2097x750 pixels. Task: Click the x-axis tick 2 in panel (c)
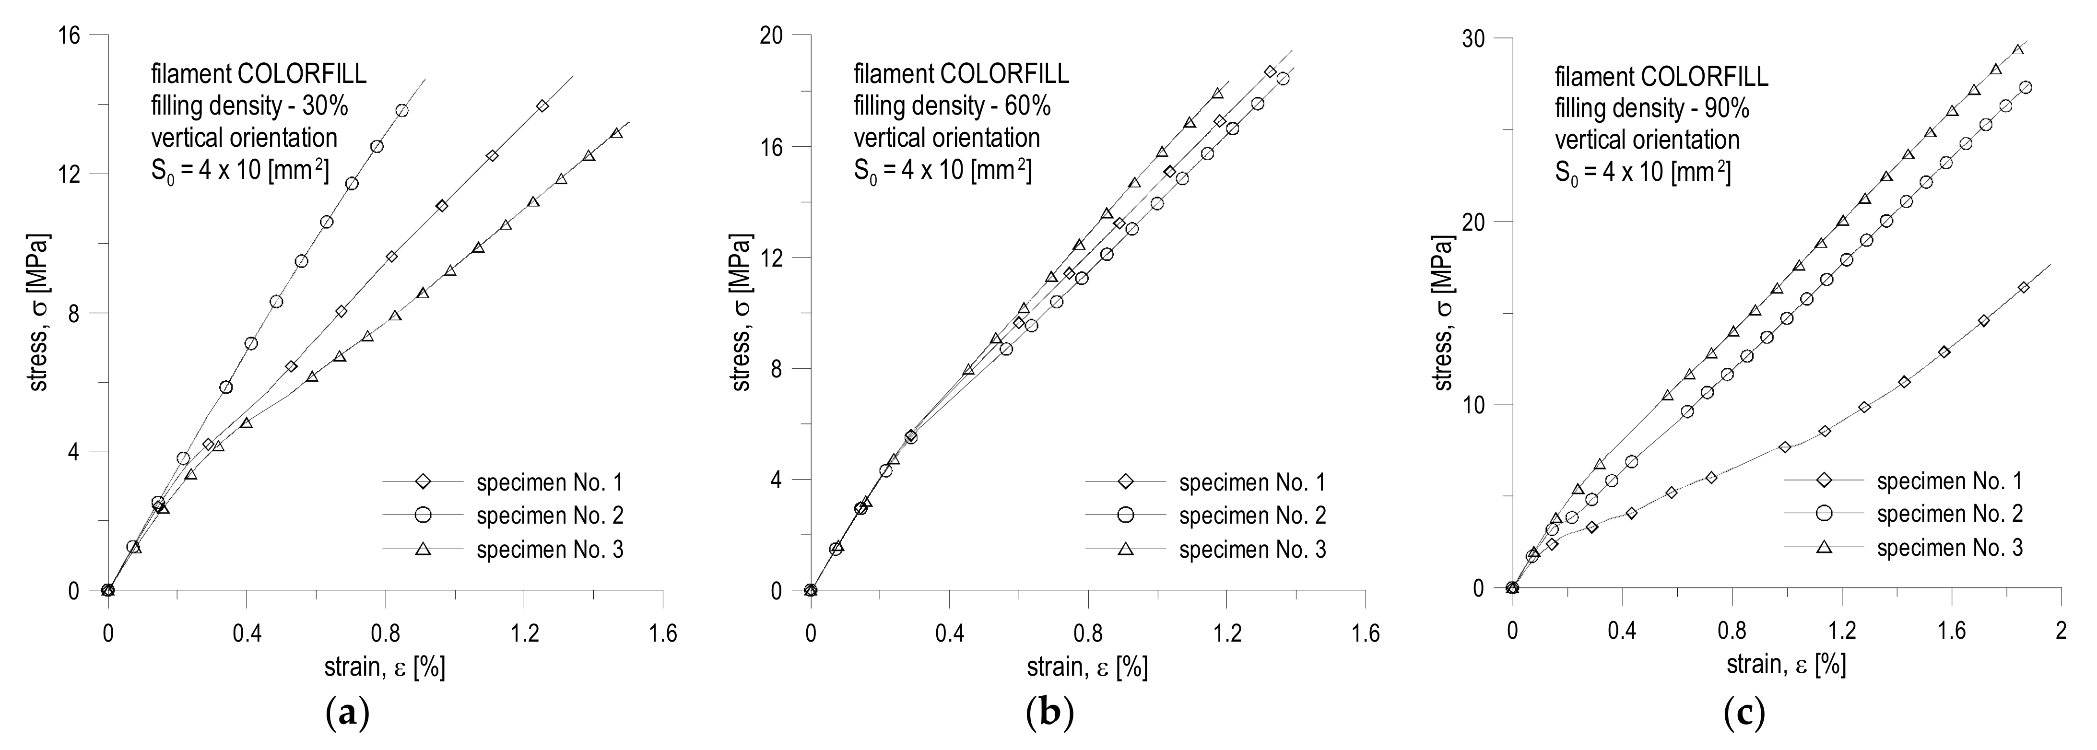tap(2061, 631)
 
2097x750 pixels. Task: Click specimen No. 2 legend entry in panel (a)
tap(550, 516)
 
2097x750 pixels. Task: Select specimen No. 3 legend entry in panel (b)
tap(1252, 550)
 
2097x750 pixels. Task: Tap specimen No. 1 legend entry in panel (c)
tap(1949, 481)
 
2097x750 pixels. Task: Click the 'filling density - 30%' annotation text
tap(250, 106)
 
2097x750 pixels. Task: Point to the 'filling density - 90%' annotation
tap(1652, 108)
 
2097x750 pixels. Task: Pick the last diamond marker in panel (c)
tap(2023, 287)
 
